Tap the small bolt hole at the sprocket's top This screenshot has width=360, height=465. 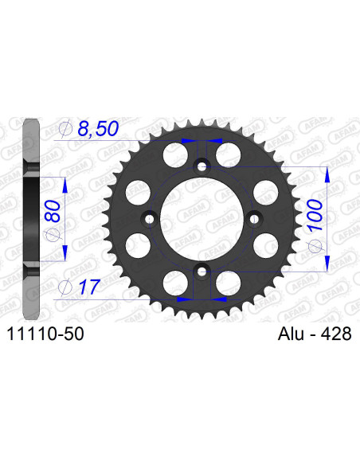(x=202, y=166)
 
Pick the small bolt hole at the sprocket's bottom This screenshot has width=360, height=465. (x=202, y=271)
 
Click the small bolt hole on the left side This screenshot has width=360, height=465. (x=149, y=218)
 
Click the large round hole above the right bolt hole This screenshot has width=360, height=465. (x=265, y=192)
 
